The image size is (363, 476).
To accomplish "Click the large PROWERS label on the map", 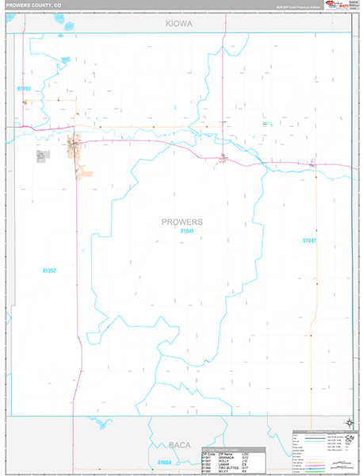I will (181, 221).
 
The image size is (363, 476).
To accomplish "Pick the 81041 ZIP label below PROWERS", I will (187, 231).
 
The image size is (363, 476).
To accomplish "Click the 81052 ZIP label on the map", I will (49, 271).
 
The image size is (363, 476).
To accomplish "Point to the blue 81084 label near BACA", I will (164, 462).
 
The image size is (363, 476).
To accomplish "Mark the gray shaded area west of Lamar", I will (41, 155).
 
